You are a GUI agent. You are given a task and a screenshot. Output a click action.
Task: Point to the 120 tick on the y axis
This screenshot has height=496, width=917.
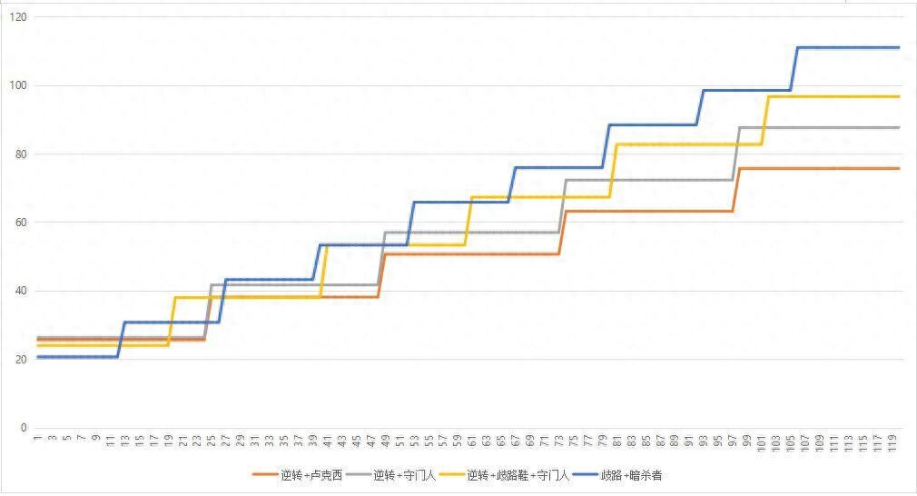click(18, 18)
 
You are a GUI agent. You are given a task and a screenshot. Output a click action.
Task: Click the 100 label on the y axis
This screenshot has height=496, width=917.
click(18, 86)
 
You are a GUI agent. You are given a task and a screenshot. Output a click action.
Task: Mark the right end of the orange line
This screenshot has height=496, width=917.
click(898, 168)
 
